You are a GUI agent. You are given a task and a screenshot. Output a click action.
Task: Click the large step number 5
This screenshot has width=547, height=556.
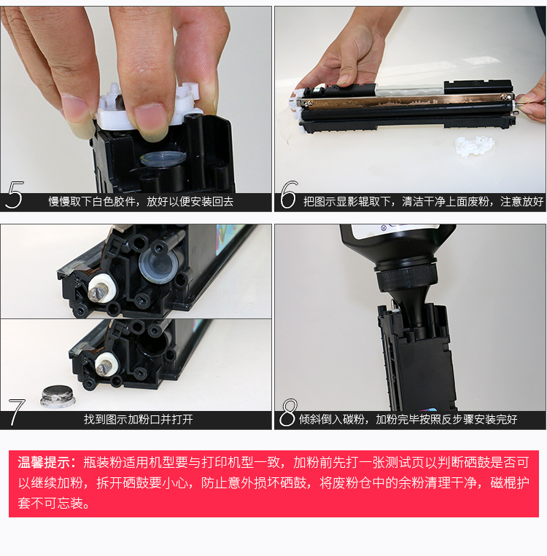[x=15, y=195]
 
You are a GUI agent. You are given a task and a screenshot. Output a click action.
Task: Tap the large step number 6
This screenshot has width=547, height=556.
[x=288, y=195]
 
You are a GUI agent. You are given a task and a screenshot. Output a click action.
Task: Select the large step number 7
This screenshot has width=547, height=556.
[x=16, y=412]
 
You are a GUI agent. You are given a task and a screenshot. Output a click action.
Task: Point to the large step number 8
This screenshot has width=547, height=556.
[x=288, y=412]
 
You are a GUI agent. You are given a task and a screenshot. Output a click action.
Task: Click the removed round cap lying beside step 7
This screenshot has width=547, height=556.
[x=58, y=396]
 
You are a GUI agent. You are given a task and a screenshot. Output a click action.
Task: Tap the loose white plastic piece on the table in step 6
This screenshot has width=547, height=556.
[x=475, y=146]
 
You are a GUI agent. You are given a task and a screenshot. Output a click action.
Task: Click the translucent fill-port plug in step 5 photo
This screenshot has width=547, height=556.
[x=163, y=158]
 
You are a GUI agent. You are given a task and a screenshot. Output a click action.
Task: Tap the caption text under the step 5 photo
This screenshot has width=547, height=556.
[x=141, y=202]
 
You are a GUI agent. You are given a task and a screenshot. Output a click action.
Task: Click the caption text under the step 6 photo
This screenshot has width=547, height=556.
[x=423, y=202]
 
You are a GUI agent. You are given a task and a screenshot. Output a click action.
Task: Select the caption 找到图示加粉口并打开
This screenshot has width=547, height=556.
[x=139, y=420]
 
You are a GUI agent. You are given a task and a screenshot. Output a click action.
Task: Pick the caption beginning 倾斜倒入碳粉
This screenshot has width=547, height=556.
[x=408, y=420]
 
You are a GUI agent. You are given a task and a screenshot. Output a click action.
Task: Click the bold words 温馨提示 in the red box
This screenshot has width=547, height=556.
[x=44, y=463]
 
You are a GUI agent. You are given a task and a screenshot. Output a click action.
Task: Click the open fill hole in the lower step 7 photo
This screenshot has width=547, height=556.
[x=152, y=342]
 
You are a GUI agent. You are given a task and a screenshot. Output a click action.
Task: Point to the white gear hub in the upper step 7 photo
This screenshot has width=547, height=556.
[x=102, y=289]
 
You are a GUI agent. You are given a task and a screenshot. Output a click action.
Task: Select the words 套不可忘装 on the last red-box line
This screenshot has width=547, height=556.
[x=50, y=503]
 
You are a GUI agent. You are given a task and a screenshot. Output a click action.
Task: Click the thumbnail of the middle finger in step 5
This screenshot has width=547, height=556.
[x=149, y=120]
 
